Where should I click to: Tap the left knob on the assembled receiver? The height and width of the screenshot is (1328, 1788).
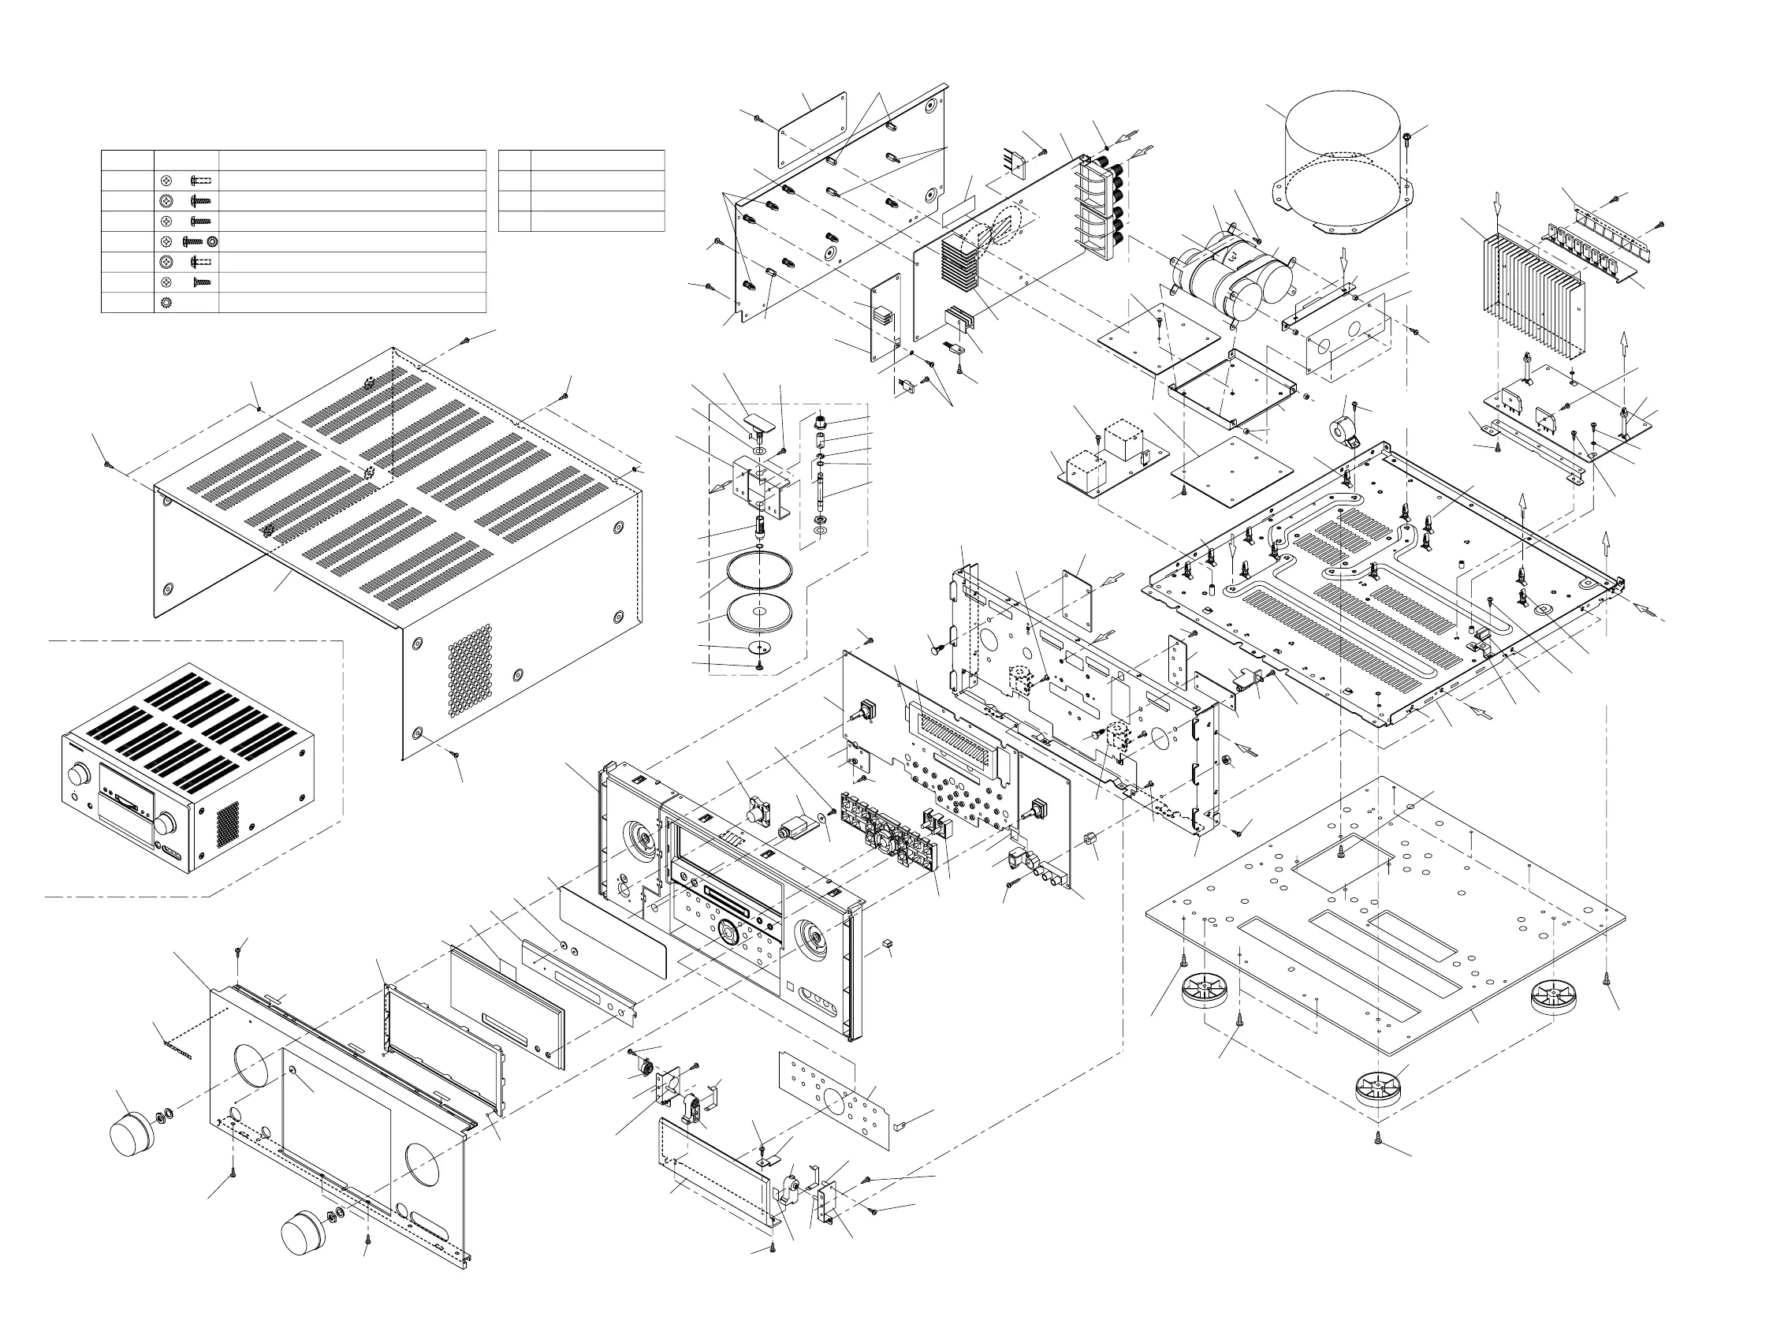pos(78,775)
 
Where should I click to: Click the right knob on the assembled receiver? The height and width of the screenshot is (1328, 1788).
pos(167,824)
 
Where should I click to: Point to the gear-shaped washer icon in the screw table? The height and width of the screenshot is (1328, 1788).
pos(167,303)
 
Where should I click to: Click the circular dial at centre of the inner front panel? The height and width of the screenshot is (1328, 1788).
pos(728,933)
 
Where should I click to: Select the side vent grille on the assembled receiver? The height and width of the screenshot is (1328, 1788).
pos(227,824)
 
